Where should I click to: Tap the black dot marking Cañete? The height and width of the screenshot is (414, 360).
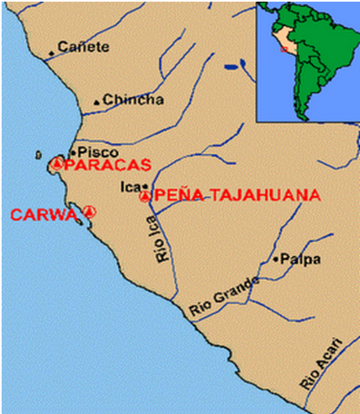[x=52, y=54]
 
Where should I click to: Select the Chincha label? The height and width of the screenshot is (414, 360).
[x=133, y=100]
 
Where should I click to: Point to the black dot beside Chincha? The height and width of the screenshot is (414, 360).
[x=97, y=102]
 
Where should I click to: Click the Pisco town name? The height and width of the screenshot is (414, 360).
[x=97, y=152]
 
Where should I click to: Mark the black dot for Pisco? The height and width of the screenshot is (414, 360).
[x=72, y=152]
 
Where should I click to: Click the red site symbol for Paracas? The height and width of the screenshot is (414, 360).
[x=56, y=164]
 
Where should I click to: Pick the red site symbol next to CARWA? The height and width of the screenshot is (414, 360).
[x=89, y=212]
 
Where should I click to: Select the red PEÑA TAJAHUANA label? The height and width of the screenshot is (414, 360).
[x=237, y=195]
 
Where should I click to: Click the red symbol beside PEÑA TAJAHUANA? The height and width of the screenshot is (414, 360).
[x=145, y=195]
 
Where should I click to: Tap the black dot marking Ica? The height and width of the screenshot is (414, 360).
[x=145, y=186]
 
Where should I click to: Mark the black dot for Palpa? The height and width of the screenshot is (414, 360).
[x=275, y=259]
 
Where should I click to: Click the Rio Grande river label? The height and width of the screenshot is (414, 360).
[x=225, y=297]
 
